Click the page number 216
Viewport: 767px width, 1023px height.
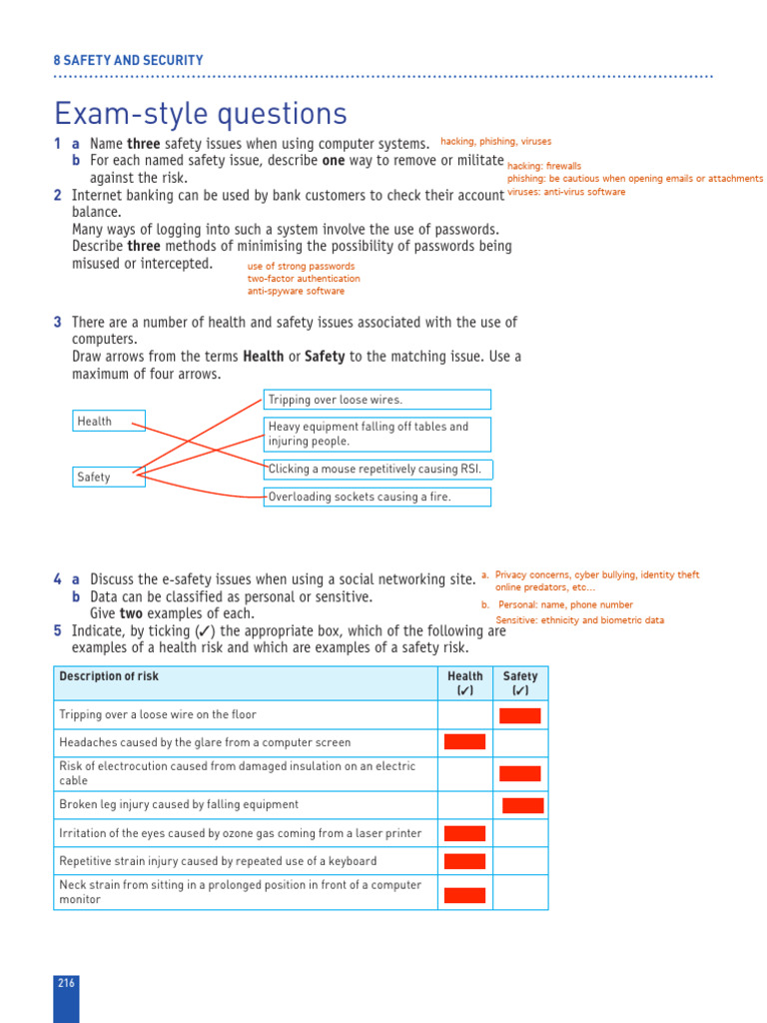click(x=66, y=983)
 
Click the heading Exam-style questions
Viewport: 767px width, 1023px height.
click(x=201, y=113)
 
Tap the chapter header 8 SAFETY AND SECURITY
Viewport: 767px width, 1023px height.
click(x=128, y=61)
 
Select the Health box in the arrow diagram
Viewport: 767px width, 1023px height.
click(x=109, y=421)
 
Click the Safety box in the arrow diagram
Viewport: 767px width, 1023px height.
click(x=109, y=477)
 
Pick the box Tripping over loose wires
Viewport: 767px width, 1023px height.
click(x=377, y=400)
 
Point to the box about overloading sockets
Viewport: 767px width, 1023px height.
click(x=377, y=497)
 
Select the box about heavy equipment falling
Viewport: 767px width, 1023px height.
click(x=377, y=434)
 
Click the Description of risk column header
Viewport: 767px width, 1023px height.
click(x=109, y=676)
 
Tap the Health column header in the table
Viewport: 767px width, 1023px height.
click(x=465, y=683)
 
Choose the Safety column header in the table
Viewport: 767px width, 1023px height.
click(x=520, y=683)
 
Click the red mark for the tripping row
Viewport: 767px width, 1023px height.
click(x=519, y=715)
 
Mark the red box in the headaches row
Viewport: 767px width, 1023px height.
click(x=464, y=741)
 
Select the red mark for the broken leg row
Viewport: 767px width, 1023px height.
click(x=522, y=805)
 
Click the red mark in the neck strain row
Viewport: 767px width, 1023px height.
click(x=464, y=895)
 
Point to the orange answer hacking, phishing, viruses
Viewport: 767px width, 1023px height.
click(x=495, y=142)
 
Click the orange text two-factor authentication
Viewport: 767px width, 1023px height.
click(x=304, y=279)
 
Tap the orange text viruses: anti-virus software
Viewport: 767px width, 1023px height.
click(x=566, y=192)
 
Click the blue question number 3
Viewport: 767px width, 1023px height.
click(x=58, y=322)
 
